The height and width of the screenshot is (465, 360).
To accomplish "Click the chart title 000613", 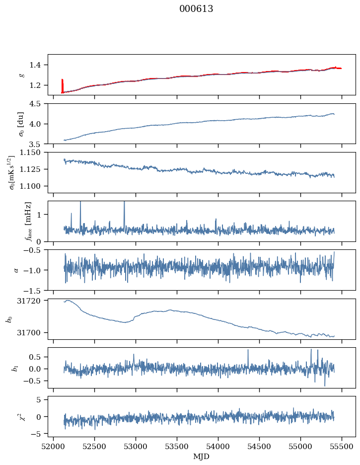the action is tap(196, 9).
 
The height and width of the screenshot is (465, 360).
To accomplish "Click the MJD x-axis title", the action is tap(201, 457).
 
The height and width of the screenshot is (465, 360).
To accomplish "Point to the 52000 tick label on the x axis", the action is tap(53, 447).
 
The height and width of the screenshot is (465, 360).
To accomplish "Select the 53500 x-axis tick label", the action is tap(177, 447).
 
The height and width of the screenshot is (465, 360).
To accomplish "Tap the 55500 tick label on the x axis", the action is tap(342, 447).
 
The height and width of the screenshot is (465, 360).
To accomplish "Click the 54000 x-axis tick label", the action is tap(218, 447).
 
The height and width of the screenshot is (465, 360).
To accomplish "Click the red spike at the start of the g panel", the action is tap(62, 86).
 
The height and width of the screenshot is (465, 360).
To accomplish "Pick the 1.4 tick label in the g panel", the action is tap(35, 65).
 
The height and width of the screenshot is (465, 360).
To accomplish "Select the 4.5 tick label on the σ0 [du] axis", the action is tap(35, 104).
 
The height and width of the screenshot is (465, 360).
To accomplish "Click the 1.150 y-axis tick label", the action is tap(30, 153).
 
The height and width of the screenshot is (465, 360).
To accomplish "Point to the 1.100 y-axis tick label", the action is tap(30, 186).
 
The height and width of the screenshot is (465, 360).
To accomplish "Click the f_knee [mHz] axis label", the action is tap(28, 222).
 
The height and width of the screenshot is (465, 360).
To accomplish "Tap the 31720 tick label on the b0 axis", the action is tap(28, 301).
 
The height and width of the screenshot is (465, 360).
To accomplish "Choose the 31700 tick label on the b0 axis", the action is tap(28, 333).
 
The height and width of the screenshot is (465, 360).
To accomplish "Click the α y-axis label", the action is tap(16, 270).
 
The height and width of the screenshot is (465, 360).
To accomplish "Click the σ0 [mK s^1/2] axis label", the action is tap(12, 172).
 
